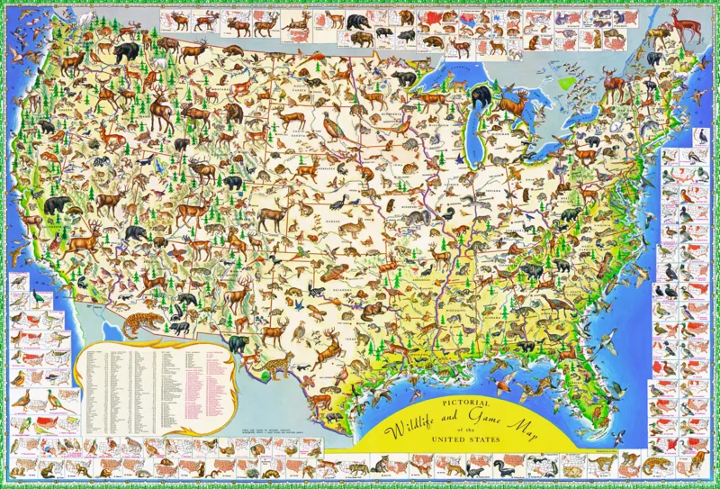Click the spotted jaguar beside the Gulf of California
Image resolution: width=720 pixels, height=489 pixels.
pyautogui.click(x=143, y=321)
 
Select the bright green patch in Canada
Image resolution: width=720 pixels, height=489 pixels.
pyautogui.click(x=566, y=83)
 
